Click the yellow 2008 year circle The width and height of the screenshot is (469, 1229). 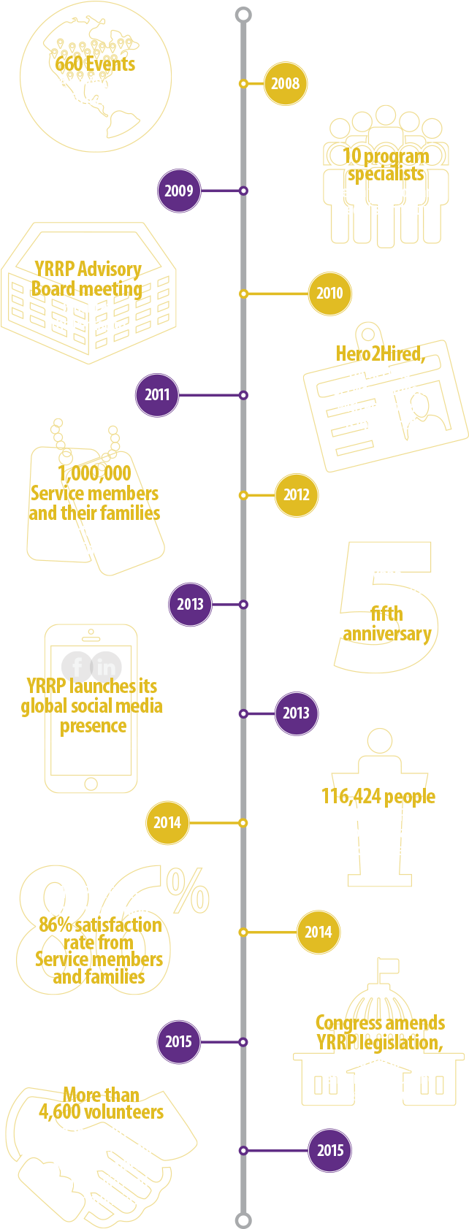point(285,84)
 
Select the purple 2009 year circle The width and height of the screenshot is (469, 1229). point(179,191)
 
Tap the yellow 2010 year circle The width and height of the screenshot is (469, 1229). point(329,294)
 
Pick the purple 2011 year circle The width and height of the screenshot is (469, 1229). point(157,395)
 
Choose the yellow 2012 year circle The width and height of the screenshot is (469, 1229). point(296,495)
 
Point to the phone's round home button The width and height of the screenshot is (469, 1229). point(91,784)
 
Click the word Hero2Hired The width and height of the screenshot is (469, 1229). point(378,354)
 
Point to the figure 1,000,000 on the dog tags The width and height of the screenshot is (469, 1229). point(95,473)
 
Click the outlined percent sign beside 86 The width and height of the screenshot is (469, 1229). point(188,889)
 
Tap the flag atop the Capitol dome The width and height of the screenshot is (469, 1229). point(388,966)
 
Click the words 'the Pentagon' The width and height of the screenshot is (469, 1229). point(88,324)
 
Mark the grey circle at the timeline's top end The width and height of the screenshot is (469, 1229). point(243,15)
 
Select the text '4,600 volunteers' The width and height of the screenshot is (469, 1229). point(101,1112)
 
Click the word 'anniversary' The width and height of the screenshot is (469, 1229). point(387,633)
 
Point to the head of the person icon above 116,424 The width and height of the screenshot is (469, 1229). point(379,740)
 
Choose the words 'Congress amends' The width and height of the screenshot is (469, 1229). point(380,1022)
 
